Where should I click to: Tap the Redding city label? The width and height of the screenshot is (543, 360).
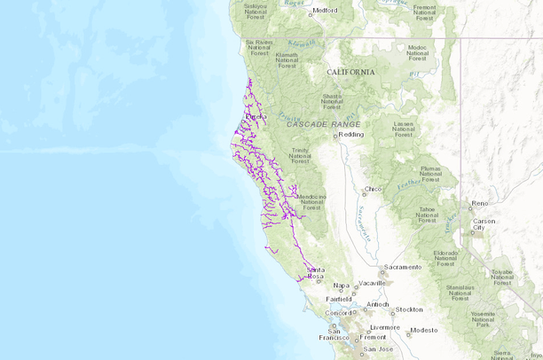[351, 135]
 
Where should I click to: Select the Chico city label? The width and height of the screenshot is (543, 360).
[374, 189]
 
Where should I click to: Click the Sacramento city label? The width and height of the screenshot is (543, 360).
[403, 267]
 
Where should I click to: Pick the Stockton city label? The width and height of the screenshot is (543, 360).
[410, 309]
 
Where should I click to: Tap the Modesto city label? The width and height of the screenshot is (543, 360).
[424, 330]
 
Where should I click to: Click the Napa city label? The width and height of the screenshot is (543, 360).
[341, 286]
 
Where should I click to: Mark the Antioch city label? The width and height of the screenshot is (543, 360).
[378, 305]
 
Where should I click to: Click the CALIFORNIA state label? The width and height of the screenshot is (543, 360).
[350, 72]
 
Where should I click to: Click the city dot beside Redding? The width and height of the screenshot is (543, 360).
[335, 135]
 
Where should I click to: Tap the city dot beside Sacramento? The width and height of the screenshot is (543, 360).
[382, 268]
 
